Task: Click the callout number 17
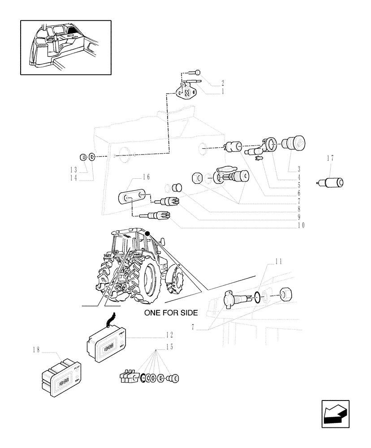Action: point(330,158)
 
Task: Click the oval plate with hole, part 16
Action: point(132,197)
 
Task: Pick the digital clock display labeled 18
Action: point(60,377)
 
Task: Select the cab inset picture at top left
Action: point(65,47)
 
